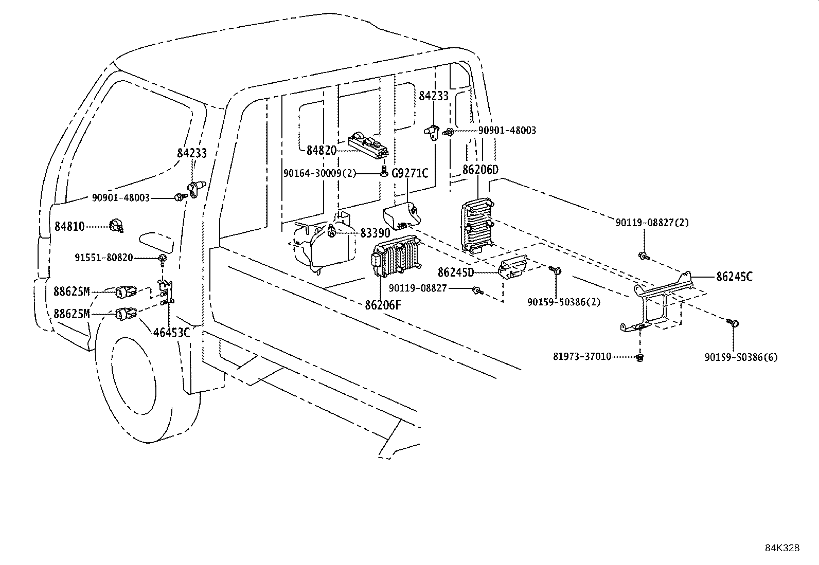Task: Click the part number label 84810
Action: pyautogui.click(x=69, y=226)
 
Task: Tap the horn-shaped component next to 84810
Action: pyautogui.click(x=116, y=226)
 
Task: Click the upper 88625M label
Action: pyautogui.click(x=72, y=292)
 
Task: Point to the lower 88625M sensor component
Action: pyautogui.click(x=126, y=313)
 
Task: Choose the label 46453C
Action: pyautogui.click(x=171, y=333)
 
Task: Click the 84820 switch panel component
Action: pyautogui.click(x=368, y=145)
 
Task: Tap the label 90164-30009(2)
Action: pyautogui.click(x=319, y=173)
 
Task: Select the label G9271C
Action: pyautogui.click(x=410, y=173)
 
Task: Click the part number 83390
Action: pyautogui.click(x=375, y=233)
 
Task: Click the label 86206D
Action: pyautogui.click(x=480, y=170)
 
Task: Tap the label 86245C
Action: pyautogui.click(x=734, y=277)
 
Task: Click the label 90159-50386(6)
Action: pyautogui.click(x=741, y=357)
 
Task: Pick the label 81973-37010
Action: pyautogui.click(x=582, y=356)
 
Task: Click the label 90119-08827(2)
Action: pyautogui.click(x=652, y=223)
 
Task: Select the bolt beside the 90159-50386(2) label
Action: pyautogui.click(x=556, y=270)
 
